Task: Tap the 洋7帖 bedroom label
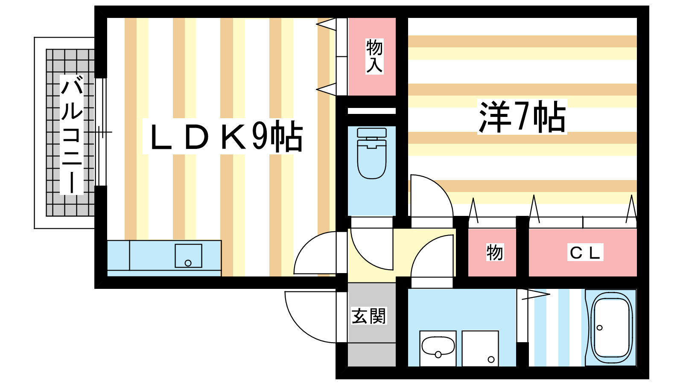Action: (x=522, y=116)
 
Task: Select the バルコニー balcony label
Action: (x=72, y=134)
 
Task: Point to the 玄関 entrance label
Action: (x=369, y=316)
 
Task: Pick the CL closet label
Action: (x=585, y=253)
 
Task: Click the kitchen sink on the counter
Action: (x=188, y=256)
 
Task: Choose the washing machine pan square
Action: (x=480, y=348)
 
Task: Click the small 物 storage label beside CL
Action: (x=494, y=252)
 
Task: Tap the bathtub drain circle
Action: (x=600, y=328)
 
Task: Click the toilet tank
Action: (x=372, y=133)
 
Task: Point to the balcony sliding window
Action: (x=100, y=132)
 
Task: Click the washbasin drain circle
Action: (x=438, y=354)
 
